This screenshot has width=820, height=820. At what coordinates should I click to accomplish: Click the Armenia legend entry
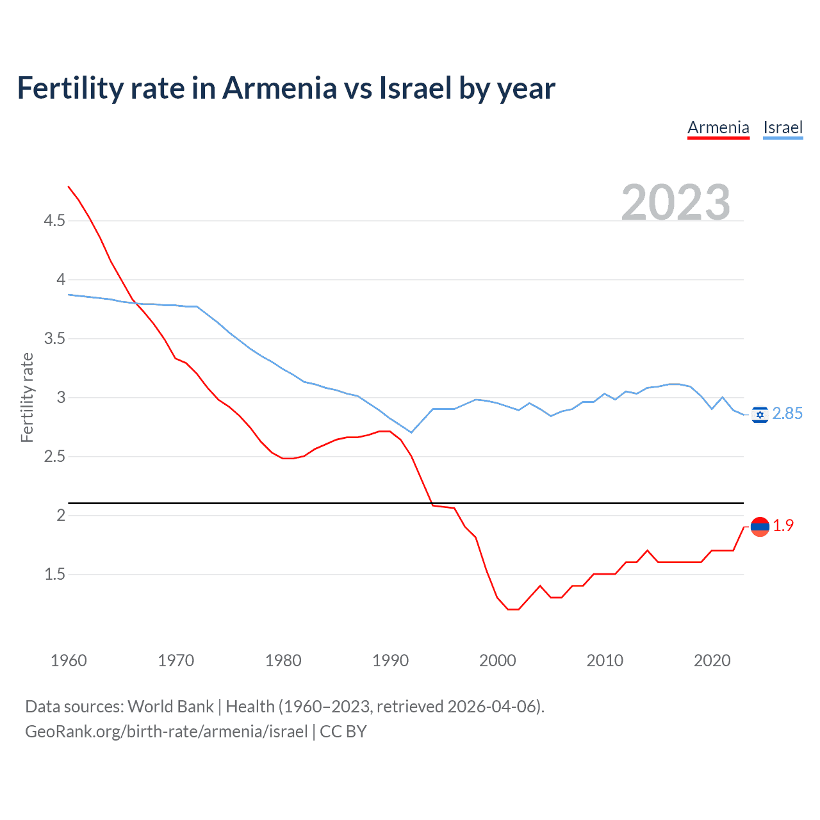pos(718,127)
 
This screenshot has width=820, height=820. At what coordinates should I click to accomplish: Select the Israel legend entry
pos(783,127)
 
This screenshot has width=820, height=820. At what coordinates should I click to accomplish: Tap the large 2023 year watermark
pos(675,202)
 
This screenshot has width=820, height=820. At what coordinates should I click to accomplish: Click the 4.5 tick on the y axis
pos(54,221)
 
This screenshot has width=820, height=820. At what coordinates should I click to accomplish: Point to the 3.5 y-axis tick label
pos(54,339)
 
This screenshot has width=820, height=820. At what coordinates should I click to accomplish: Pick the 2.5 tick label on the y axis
pos(54,457)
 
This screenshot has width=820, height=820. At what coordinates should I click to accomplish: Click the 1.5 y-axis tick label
pos(54,575)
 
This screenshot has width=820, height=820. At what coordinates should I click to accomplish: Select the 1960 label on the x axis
pos(69,660)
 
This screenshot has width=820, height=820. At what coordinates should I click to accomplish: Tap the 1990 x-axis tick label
pos(390,660)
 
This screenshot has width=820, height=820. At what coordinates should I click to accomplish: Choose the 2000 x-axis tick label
pos(498,660)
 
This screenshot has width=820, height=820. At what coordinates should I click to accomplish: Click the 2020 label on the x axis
pos(712,660)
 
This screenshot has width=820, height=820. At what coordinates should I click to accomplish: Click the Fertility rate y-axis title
pos(27,397)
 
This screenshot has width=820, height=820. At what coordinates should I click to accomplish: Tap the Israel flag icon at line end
pos(760,415)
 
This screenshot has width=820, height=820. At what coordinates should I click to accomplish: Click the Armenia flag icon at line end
pos(760,527)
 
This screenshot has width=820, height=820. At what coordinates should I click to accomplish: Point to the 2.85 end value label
pos(787,414)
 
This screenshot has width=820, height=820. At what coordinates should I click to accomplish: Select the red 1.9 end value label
pos(783,526)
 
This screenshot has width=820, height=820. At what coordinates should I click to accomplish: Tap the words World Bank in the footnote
pos(170,707)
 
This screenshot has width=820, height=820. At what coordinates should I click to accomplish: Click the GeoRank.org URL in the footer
pos(167,732)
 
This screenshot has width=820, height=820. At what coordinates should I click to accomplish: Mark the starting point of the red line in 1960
pos(69,186)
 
